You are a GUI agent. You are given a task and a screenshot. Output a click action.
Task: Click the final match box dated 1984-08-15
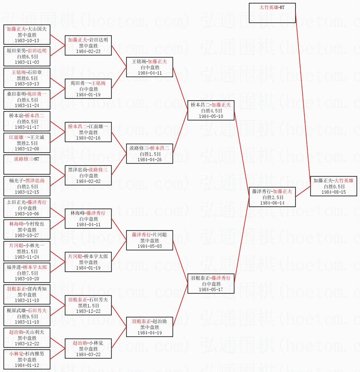point(334,186)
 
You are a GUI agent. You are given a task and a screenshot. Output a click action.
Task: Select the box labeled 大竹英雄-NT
point(272,13)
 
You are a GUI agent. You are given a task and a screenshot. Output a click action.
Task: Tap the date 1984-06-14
point(272,203)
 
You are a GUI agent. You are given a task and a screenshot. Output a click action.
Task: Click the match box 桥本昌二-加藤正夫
point(211,110)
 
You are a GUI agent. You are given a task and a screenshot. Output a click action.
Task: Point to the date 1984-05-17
point(211,290)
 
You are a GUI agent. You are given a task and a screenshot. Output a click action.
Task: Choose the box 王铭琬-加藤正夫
point(149,67)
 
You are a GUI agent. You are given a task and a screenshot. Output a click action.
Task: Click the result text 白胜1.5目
point(149,154)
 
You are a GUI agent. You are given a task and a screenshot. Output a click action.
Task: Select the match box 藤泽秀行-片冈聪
point(149,240)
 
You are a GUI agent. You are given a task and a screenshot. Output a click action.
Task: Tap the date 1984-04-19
point(149,333)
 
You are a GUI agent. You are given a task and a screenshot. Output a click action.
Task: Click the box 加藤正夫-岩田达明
point(88,45)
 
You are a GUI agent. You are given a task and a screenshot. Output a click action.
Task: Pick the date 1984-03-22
point(88,355)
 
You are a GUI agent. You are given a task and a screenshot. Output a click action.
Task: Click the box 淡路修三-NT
point(27,164)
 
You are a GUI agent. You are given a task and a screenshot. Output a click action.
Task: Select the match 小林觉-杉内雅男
point(27,359)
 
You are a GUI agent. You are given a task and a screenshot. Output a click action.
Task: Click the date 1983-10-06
point(27,214)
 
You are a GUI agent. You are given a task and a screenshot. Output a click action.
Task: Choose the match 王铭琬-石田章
point(27,78)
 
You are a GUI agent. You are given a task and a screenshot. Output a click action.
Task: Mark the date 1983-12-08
point(27,149)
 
